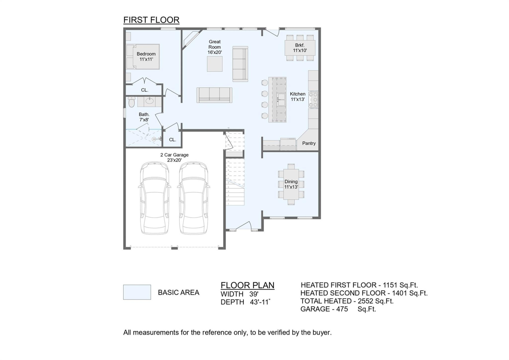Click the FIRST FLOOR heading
click(151, 20)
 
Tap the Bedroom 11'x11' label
click(146, 57)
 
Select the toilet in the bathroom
click(131, 102)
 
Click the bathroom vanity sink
click(150, 101)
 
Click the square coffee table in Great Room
click(214, 64)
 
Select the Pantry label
click(309, 143)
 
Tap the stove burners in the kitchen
click(313, 100)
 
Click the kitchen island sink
click(281, 99)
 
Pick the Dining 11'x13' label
click(291, 184)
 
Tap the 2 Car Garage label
click(174, 157)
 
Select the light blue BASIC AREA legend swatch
click(137, 292)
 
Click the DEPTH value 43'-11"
click(260, 302)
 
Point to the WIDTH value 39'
click(254, 294)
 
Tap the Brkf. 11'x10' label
click(300, 48)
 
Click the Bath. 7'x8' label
click(144, 117)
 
